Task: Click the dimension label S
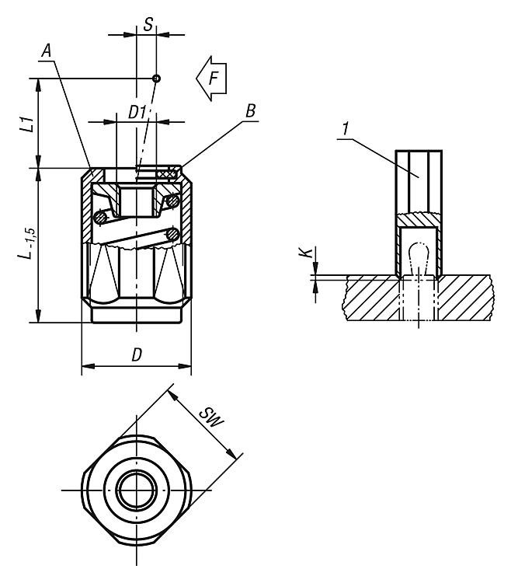(148, 23)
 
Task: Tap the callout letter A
(48, 51)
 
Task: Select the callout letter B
(250, 111)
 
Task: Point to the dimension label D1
(137, 112)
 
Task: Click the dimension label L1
(26, 123)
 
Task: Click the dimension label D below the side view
(137, 354)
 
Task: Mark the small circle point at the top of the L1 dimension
(156, 79)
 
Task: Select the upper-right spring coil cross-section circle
(172, 202)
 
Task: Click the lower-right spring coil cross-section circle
(173, 233)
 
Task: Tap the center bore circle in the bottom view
(137, 490)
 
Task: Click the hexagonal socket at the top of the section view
(137, 201)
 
